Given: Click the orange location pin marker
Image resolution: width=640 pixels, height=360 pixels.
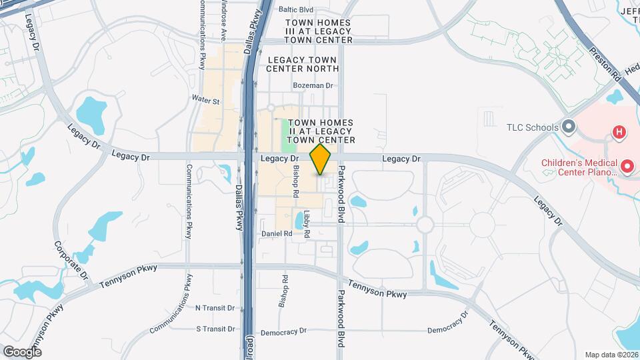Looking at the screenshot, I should [321, 159].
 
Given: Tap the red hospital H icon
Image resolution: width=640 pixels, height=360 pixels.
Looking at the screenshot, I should [619, 132].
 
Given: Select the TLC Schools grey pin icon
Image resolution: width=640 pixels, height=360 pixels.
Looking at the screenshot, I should [568, 127].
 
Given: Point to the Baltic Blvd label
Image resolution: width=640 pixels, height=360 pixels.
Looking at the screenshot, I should [296, 10].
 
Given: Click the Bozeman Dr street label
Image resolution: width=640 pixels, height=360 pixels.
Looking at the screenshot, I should [313, 85].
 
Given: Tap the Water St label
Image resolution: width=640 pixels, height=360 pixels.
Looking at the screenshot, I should [205, 101].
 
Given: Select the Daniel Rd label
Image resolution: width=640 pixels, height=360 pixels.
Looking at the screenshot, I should [277, 234].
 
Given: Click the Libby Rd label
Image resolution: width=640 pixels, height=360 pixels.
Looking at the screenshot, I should [307, 225].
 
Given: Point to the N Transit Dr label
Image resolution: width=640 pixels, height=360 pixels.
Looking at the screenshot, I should [215, 308].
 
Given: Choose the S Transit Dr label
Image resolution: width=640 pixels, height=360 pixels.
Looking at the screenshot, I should [215, 329].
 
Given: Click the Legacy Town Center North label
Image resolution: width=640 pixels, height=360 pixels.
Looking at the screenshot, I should [303, 64].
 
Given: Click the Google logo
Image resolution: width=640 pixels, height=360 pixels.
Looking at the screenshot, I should [22, 351].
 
